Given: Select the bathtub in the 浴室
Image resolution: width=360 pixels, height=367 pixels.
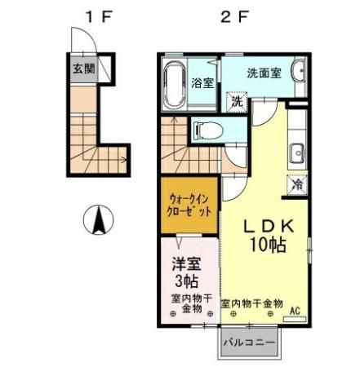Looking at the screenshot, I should point(175,83).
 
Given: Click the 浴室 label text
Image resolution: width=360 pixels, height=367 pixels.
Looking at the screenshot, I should point(202,83).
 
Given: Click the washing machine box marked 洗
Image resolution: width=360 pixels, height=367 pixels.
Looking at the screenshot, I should point(236,103).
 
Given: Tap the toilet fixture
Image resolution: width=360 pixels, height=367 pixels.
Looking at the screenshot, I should point(205,129).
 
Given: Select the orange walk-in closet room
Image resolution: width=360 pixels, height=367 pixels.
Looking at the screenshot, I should point(189,204).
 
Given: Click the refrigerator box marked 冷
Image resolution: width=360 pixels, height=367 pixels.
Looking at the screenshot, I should point(298,184).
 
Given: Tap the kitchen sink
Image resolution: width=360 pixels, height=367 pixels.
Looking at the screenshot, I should point(297,152).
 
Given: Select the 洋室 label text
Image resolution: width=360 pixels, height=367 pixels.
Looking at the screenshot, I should point(185,265).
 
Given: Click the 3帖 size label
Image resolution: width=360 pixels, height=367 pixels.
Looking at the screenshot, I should point(185,282).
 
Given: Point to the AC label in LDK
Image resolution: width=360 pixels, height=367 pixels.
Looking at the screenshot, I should point(295,309).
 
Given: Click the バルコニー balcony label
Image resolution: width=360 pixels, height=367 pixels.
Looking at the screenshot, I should point(249,343).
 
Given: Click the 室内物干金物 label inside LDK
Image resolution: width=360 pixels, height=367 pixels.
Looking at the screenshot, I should point(251,303).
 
